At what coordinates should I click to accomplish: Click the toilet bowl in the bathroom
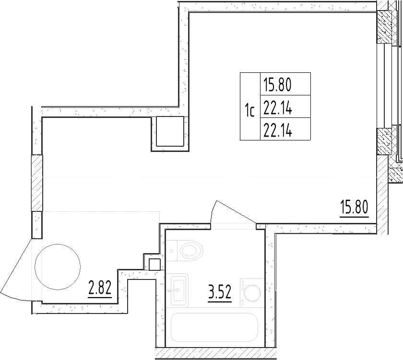coord(191,250)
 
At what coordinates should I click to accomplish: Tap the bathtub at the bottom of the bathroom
coord(214,327)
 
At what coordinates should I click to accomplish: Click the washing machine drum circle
coord(252,292)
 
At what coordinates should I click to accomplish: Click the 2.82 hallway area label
coord(100,289)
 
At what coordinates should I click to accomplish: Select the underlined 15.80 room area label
coord(354,208)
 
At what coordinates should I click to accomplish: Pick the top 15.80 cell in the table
coord(285,84)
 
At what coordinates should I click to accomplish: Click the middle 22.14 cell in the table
coord(285,106)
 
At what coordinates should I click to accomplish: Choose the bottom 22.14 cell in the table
coord(285,129)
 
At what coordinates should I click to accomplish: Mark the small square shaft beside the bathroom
coord(154,265)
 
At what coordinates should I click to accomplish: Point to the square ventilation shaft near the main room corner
coord(170,131)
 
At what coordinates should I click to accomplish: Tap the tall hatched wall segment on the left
coord(37,183)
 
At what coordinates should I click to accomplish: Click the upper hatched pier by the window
coord(384,27)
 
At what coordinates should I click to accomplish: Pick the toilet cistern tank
coord(172,250)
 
